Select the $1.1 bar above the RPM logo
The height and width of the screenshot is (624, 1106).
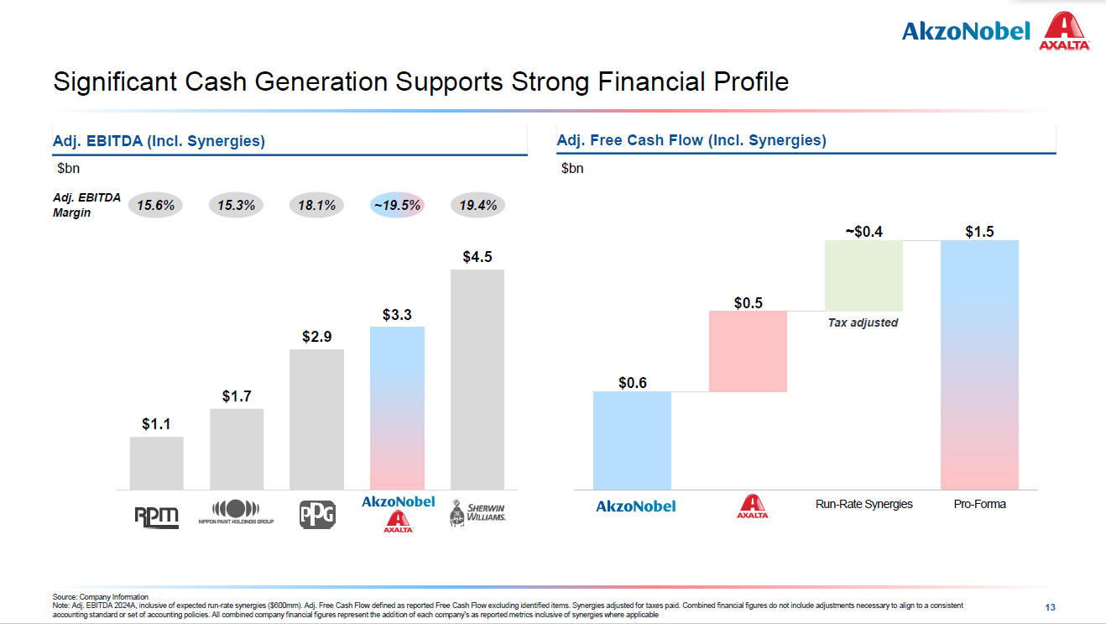(x=156, y=463)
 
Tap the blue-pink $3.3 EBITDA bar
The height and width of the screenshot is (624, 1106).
(x=397, y=408)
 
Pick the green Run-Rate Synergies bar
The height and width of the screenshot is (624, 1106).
(x=863, y=275)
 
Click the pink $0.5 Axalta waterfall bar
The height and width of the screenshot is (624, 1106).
(x=748, y=351)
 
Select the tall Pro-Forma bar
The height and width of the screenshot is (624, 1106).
(x=979, y=364)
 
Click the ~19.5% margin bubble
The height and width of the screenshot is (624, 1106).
(x=397, y=205)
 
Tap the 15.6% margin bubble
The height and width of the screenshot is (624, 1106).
(x=155, y=205)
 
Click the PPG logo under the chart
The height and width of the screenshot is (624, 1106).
(x=317, y=514)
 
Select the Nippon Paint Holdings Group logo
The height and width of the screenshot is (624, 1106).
(x=236, y=511)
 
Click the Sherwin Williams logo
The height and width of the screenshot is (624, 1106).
(x=477, y=514)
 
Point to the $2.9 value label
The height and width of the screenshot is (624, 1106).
(x=317, y=337)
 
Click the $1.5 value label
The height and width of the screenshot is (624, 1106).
(x=979, y=231)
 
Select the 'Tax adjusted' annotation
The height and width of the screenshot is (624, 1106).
(x=863, y=322)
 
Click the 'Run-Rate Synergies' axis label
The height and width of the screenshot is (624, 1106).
(x=863, y=504)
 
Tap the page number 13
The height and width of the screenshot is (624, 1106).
(x=1050, y=606)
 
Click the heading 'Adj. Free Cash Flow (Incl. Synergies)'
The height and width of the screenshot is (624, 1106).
(x=691, y=140)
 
